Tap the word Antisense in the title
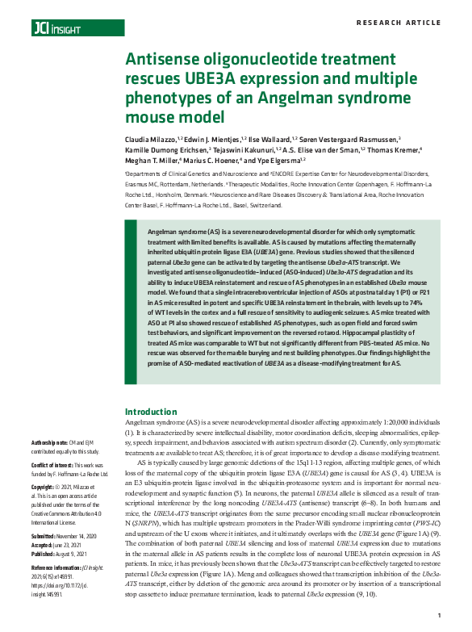[165, 61]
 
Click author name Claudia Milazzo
[150, 138]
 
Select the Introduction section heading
[151, 412]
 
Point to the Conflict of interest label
[53, 464]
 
